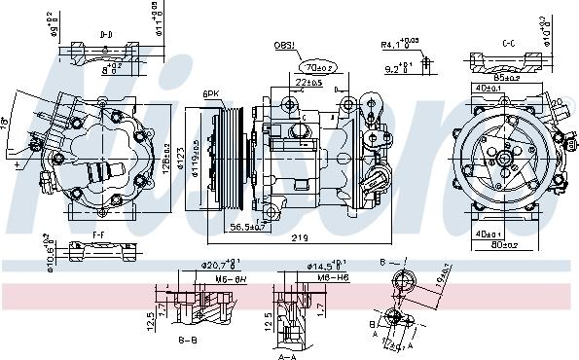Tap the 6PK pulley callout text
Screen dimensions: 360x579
coord(210,93)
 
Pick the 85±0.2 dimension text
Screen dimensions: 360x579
coord(506,75)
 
